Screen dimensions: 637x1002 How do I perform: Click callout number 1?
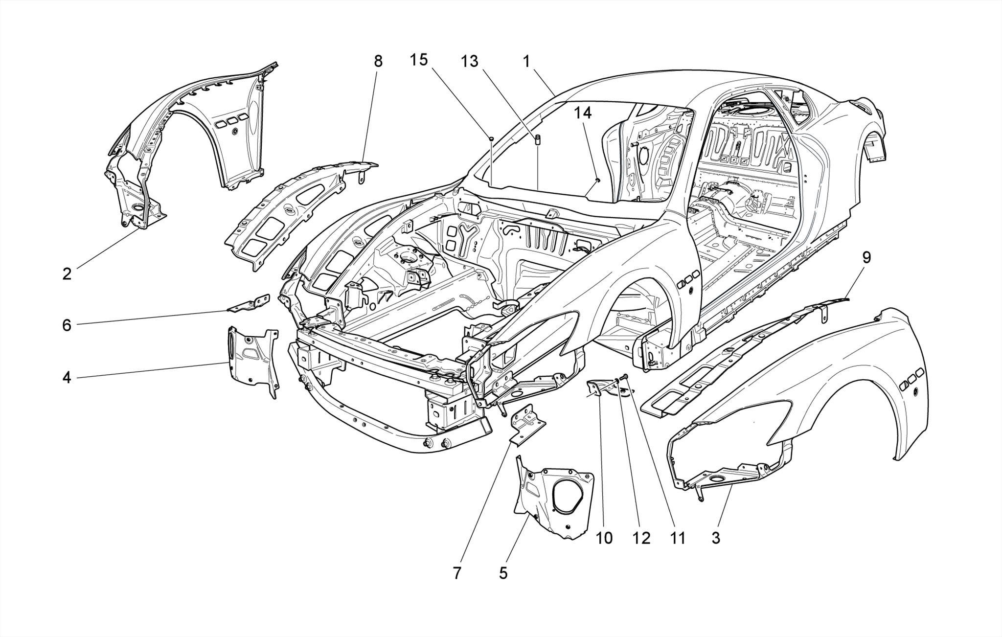[526, 62]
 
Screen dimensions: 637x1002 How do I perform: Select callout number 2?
[67, 273]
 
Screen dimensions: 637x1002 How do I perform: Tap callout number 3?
[716, 538]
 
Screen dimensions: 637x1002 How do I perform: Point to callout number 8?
[378, 61]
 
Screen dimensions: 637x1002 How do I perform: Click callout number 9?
[866, 257]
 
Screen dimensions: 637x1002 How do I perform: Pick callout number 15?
[419, 60]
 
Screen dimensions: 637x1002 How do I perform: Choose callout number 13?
[469, 62]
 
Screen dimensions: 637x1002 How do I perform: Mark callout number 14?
[583, 113]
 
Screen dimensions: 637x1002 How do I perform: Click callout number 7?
[457, 573]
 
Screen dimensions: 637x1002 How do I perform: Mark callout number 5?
[503, 572]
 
